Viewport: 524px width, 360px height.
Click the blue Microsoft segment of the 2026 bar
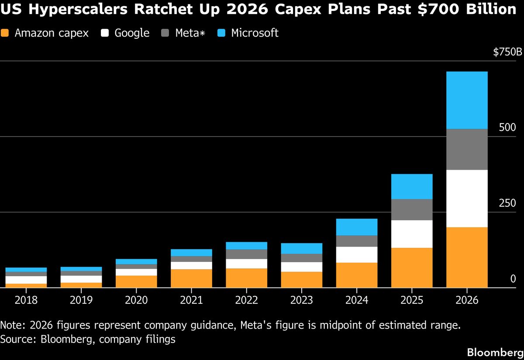[467, 100]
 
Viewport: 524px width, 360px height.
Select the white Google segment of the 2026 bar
[467, 198]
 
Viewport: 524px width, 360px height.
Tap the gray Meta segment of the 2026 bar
[467, 149]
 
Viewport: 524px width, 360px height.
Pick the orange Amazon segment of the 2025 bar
[412, 267]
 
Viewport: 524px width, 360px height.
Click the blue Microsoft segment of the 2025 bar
[412, 186]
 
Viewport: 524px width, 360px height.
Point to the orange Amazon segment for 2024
[357, 275]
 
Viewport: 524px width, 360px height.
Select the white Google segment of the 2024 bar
[357, 254]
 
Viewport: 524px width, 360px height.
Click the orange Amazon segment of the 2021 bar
[191, 278]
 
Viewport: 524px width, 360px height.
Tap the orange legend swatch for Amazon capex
[5, 33]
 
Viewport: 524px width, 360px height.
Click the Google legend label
[132, 33]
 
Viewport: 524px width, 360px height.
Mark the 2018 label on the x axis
[26, 301]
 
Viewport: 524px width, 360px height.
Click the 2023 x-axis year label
[301, 301]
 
